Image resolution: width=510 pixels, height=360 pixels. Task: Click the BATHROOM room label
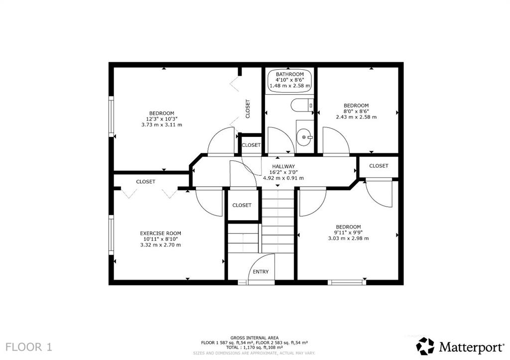(x=290, y=74)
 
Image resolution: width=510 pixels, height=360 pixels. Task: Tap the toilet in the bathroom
(x=302, y=105)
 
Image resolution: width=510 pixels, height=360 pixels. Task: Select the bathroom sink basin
(x=304, y=137)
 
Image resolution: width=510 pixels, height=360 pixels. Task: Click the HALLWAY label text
(x=283, y=166)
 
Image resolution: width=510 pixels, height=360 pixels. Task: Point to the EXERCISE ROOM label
(x=160, y=233)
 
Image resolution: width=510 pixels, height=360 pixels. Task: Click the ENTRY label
(x=260, y=271)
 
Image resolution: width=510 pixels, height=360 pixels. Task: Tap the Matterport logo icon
(x=425, y=346)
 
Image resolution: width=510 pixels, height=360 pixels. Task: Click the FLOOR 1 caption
(x=29, y=347)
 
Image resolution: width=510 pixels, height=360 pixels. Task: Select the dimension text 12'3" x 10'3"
(x=162, y=119)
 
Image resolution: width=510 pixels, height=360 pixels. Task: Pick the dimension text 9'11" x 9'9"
(x=348, y=233)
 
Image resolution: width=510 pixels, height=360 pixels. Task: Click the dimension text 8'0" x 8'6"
(x=356, y=111)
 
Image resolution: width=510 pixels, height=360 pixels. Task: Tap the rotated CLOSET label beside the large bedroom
(x=248, y=109)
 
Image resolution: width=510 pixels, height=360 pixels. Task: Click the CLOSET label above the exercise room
(x=145, y=181)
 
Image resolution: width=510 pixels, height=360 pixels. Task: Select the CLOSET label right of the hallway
(x=379, y=165)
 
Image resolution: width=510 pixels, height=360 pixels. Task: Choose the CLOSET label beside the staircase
(x=242, y=205)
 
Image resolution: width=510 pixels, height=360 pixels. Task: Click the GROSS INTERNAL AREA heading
(x=255, y=338)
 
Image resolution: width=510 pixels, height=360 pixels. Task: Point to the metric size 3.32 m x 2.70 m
(x=160, y=245)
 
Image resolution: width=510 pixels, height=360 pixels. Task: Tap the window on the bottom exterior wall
(x=347, y=282)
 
